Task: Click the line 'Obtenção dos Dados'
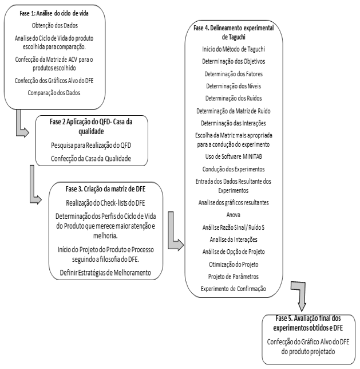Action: pos(55,25)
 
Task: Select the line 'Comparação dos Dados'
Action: pos(54,93)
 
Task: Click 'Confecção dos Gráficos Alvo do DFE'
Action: pos(54,80)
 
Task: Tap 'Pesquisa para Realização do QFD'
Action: pos(91,145)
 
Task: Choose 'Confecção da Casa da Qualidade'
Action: pos(91,158)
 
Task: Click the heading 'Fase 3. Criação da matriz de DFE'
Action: pos(105,189)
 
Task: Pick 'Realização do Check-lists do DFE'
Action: pos(105,203)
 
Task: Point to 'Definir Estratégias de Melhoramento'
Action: pos(105,273)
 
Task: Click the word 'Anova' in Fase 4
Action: pos(234,215)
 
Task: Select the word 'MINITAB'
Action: pos(252,156)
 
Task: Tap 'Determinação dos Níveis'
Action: pos(234,86)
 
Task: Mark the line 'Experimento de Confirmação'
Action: pos(234,289)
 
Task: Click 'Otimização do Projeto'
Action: pos(234,264)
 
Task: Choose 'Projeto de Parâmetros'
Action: pos(234,276)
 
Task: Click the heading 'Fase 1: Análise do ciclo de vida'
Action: pos(54,13)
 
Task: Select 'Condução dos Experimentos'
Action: pos(234,169)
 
